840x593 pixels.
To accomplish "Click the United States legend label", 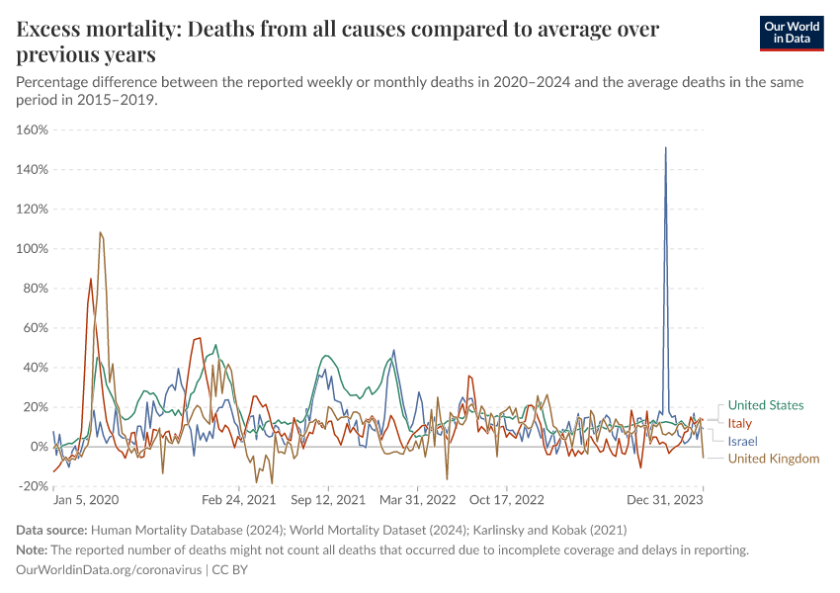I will tap(765, 405).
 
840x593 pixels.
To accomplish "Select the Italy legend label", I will tap(740, 423).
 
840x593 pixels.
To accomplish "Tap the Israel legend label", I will tap(742, 441).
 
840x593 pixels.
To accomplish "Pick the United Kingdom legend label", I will tap(774, 459).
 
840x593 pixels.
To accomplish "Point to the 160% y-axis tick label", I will tap(33, 130).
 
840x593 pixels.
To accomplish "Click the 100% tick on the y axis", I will tap(33, 249).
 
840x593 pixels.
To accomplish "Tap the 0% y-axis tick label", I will tap(39, 447).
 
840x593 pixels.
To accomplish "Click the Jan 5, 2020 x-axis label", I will tap(85, 501).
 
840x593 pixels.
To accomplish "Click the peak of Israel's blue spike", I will tap(665, 148).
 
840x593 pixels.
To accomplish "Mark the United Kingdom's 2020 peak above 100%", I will tap(100, 233).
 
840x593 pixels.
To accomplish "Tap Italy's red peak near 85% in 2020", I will tap(91, 279).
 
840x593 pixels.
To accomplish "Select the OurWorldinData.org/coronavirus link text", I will tap(109, 570).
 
